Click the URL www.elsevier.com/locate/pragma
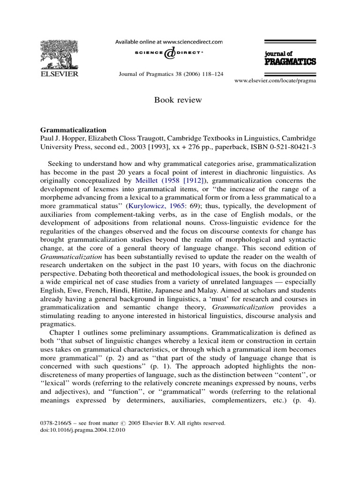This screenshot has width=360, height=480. click(275, 81)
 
